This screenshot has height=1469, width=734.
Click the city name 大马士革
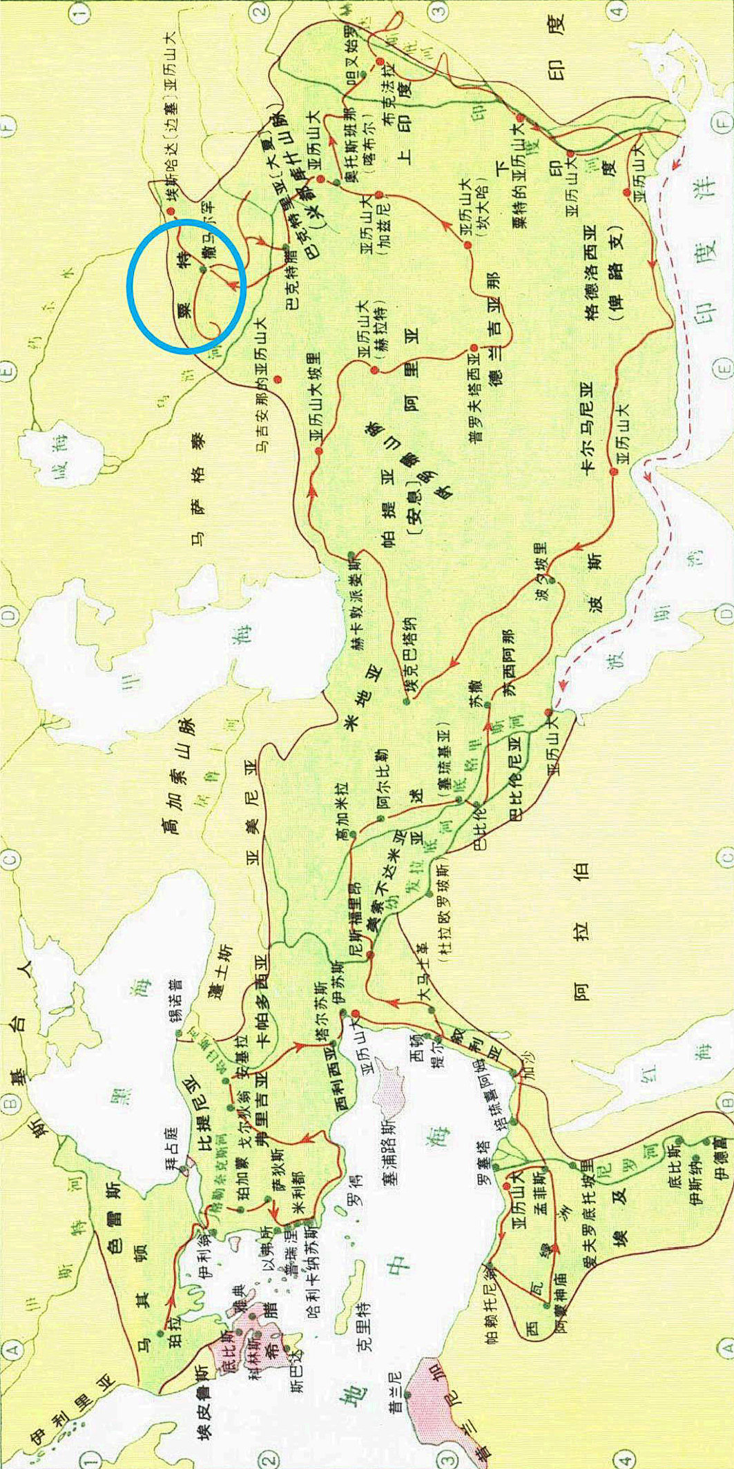(x=423, y=984)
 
